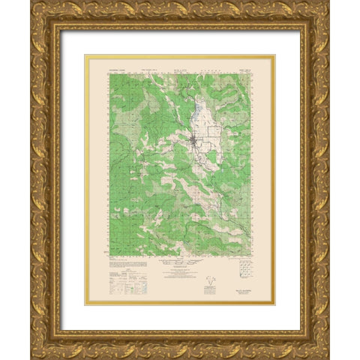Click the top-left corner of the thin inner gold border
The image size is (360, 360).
(x=85, y=55)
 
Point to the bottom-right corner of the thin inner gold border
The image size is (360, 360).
(x=275, y=304)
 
